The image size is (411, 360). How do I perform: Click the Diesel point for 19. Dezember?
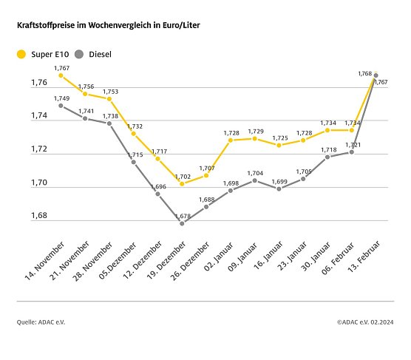(x=182, y=223)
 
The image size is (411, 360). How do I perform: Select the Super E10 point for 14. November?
(x=61, y=75)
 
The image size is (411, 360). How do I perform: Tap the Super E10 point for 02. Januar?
(x=230, y=140)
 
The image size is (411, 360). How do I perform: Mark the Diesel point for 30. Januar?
(x=327, y=157)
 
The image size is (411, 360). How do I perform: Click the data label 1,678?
(x=182, y=215)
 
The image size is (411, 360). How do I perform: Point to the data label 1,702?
(x=182, y=176)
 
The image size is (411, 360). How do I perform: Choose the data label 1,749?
(x=61, y=98)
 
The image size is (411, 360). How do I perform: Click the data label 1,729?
(x=254, y=131)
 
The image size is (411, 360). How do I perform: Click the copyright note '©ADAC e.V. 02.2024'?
(x=365, y=322)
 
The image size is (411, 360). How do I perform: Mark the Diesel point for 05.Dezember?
(x=134, y=162)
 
